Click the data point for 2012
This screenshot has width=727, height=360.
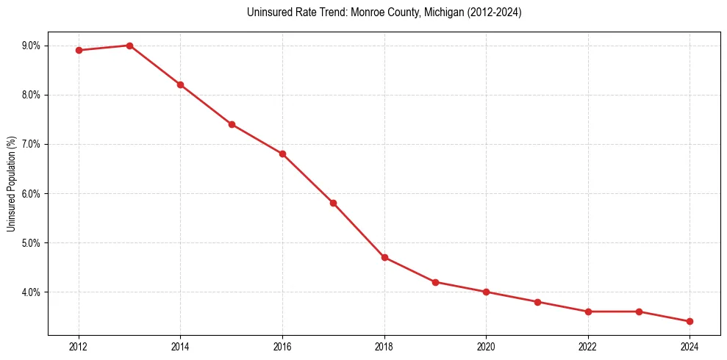pyautogui.click(x=79, y=51)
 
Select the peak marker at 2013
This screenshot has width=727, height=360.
pyautogui.click(x=129, y=46)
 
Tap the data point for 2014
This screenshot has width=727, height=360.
pyautogui.click(x=180, y=84)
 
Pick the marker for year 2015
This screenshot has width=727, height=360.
pyautogui.click(x=232, y=124)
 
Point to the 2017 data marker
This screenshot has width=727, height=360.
pyautogui.click(x=333, y=203)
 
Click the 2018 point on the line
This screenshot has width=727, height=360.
pyautogui.click(x=384, y=257)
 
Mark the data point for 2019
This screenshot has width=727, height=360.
pyautogui.click(x=435, y=282)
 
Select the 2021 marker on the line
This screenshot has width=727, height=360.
pyautogui.click(x=537, y=302)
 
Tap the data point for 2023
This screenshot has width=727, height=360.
pyautogui.click(x=639, y=312)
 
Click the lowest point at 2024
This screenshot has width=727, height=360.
pyautogui.click(x=690, y=321)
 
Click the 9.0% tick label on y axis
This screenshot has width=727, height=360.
pyautogui.click(x=32, y=46)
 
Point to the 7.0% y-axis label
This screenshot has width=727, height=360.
pyautogui.click(x=32, y=144)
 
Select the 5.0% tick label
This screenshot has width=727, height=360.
pyautogui.click(x=32, y=242)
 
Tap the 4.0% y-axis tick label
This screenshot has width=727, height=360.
pyautogui.click(x=32, y=292)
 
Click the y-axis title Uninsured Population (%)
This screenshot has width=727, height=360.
pyautogui.click(x=11, y=183)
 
